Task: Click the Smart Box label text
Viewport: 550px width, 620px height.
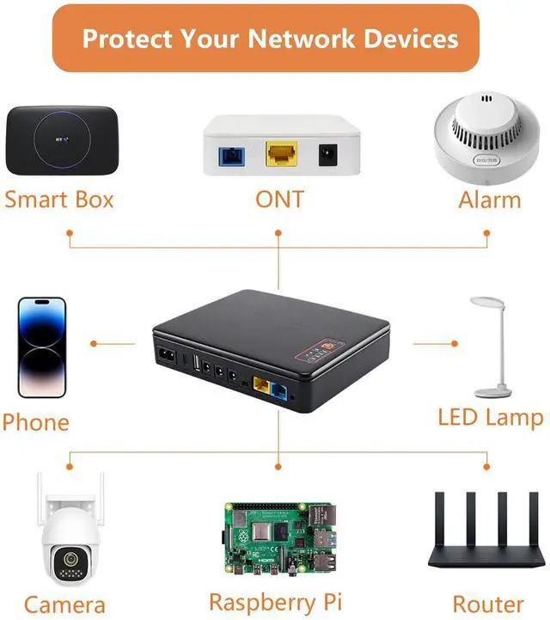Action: [58, 200]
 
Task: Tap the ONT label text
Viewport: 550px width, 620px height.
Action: [279, 200]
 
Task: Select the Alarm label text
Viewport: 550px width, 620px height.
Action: [489, 200]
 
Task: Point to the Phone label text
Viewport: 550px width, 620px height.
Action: [35, 422]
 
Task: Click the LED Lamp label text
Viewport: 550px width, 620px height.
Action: [491, 419]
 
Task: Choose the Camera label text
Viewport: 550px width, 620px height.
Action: [64, 604]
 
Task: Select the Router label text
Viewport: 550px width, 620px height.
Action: [488, 604]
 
